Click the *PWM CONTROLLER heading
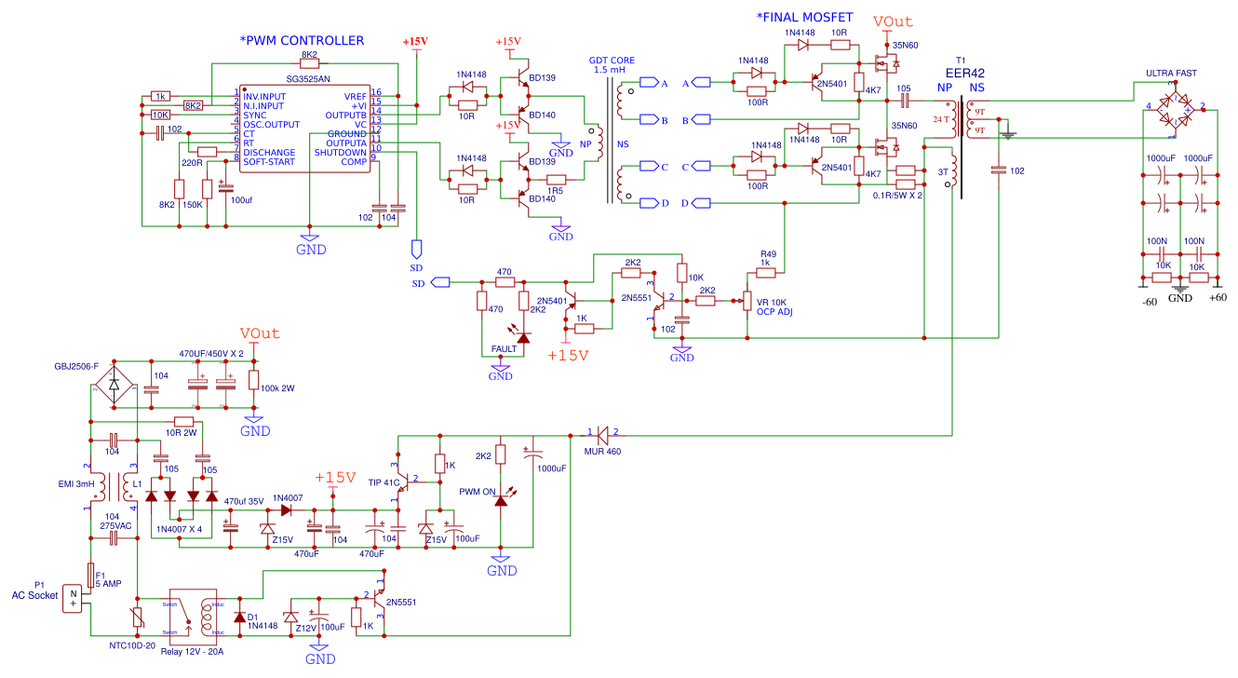point(302,41)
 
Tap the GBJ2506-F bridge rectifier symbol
point(114,384)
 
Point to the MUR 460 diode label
point(602,452)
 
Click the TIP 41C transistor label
point(384,481)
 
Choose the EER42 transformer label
point(965,73)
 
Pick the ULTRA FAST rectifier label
point(1171,74)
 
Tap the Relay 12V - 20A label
point(191,651)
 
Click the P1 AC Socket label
point(34,590)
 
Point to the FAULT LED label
point(505,349)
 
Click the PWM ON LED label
point(478,491)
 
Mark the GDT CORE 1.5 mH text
point(612,64)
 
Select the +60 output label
point(1218,299)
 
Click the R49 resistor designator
point(768,253)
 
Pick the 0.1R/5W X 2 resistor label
point(897,196)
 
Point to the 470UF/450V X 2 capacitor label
point(211,354)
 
